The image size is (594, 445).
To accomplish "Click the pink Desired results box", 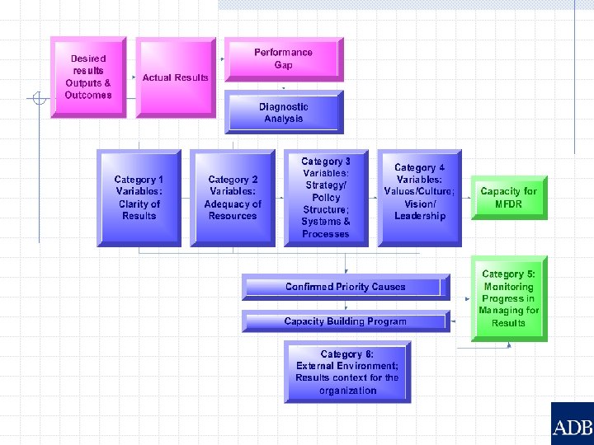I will tap(88, 77).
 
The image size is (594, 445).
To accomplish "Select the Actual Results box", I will tap(176, 77).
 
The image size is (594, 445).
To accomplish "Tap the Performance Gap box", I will tap(283, 59).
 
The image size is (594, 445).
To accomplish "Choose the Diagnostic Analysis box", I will tap(283, 112).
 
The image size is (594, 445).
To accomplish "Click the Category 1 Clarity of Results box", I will tap(139, 198).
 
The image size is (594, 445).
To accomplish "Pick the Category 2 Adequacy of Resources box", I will tap(233, 198).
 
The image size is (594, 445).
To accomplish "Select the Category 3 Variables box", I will tap(326, 198).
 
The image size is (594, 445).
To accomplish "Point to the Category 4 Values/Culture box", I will tap(419, 198).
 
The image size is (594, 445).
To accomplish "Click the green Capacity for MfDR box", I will tap(508, 198).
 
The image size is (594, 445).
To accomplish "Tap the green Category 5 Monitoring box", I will tap(508, 298).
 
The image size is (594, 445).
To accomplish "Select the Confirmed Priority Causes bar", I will tap(346, 287).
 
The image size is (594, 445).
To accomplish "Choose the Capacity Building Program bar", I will tap(346, 321).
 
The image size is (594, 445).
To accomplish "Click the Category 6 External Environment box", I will tap(347, 372).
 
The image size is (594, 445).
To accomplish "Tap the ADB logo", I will tap(573, 425).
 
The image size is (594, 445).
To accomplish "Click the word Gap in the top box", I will tap(284, 65).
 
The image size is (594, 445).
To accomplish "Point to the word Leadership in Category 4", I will tap(419, 216).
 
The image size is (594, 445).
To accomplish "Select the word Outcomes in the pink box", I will tap(88, 95).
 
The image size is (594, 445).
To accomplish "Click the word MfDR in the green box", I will tap(508, 204).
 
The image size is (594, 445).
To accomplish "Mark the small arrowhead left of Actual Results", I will tap(134, 77).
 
